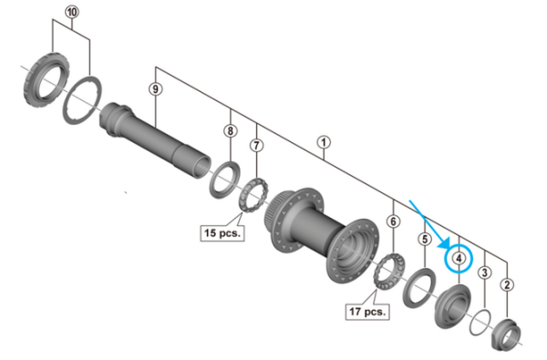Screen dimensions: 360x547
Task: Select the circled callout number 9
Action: [x=156, y=89]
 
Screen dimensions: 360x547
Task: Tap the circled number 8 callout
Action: [x=231, y=131]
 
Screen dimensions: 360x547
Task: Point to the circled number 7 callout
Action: [x=256, y=145]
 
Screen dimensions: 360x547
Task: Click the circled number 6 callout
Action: [x=393, y=221]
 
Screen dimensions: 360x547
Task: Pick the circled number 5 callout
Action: [x=424, y=239]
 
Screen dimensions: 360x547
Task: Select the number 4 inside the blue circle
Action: [x=459, y=258]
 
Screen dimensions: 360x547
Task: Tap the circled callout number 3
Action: [x=485, y=272]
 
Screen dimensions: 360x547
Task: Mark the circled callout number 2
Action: [x=508, y=285]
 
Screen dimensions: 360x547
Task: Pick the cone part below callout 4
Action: [x=453, y=303]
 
